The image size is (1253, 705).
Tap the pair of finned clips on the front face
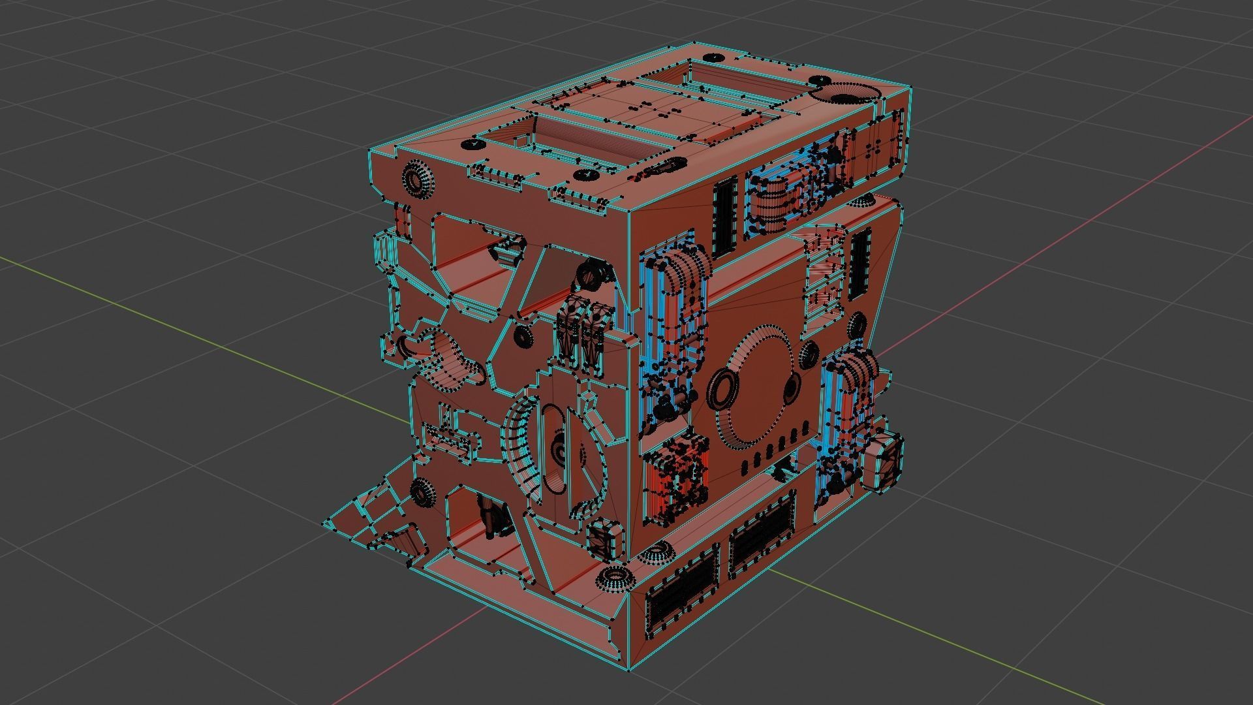[581, 333]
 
